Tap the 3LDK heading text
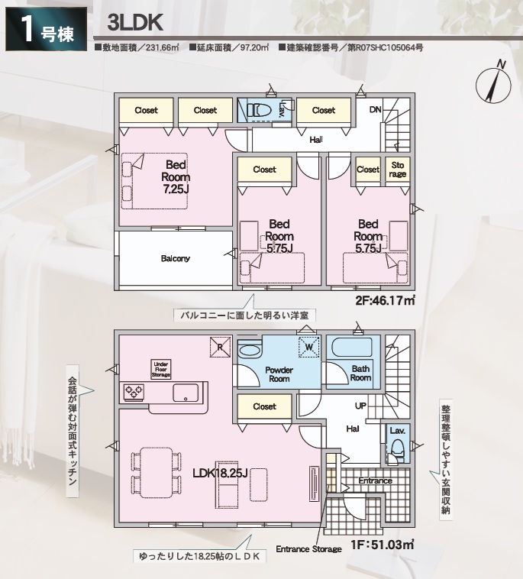[x=135, y=23]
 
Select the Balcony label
[x=176, y=258]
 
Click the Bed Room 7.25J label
[x=176, y=177]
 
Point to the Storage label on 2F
[x=398, y=170]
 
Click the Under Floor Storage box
[x=161, y=369]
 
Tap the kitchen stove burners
[x=134, y=392]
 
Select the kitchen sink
[x=186, y=393]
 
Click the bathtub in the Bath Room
[x=353, y=348]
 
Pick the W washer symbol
[x=309, y=347]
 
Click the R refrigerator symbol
[x=220, y=347]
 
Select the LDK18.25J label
[x=220, y=473]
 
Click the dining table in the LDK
[x=157, y=471]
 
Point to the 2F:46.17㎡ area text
[x=386, y=300]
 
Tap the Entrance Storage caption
[x=308, y=549]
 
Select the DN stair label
[x=376, y=110]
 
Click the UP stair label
[x=360, y=406]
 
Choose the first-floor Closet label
[x=265, y=406]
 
